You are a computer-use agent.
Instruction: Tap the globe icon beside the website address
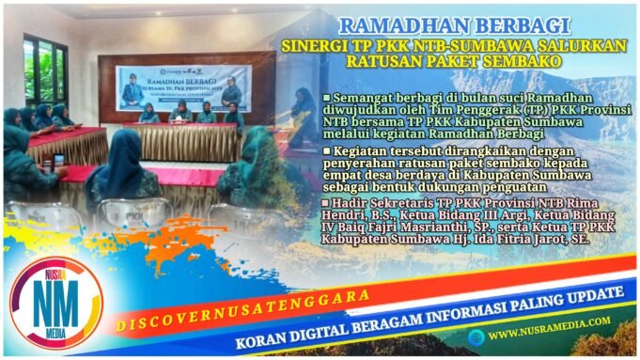[x=478, y=334]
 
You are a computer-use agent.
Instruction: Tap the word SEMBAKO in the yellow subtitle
[x=523, y=63]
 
